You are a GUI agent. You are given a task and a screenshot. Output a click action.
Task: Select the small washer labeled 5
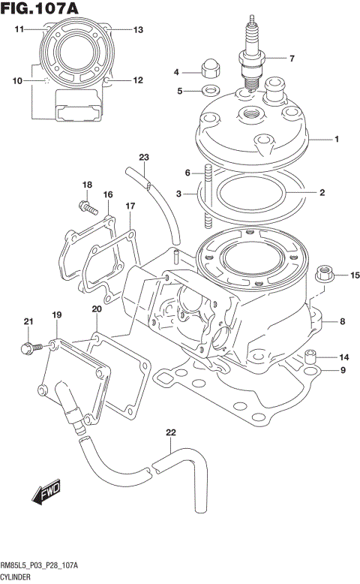coord(210,90)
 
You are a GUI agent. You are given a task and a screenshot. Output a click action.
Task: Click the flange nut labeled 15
coord(324,274)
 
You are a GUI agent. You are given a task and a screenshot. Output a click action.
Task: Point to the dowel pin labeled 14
coord(310,357)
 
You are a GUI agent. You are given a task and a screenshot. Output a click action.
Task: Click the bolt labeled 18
coord(88,207)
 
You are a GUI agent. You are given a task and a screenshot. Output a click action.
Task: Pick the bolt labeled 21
coord(31,348)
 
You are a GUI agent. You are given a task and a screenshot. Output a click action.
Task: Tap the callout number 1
coord(337,140)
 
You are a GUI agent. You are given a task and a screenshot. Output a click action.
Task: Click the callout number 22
coord(170,433)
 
